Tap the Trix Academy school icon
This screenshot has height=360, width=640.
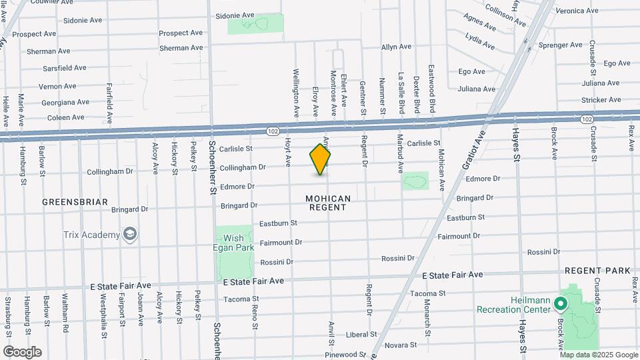pos(130,234)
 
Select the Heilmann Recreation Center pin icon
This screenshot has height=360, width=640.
pos(561,305)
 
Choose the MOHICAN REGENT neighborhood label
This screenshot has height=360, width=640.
pos(327,203)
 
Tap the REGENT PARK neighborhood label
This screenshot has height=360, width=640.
pos(597,271)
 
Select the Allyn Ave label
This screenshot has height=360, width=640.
pos(396,47)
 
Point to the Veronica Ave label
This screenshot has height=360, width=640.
pos(577,11)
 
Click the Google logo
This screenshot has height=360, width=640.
pos(22,351)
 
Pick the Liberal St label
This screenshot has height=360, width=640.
pos(362,335)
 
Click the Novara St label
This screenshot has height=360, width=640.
pos(401,345)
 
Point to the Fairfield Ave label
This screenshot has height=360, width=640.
pos(109,104)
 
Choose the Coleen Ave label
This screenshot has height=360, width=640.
pos(65,117)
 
